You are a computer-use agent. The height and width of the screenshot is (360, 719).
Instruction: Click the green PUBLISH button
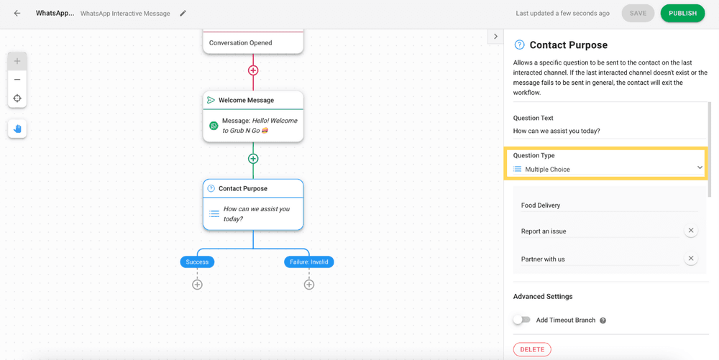click(682, 13)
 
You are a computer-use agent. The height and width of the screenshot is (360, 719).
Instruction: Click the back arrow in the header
click(17, 13)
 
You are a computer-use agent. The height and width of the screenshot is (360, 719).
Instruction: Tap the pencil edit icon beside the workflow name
click(183, 13)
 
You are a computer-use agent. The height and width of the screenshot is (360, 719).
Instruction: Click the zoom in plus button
click(17, 61)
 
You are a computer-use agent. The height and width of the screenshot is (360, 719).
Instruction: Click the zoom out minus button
click(17, 80)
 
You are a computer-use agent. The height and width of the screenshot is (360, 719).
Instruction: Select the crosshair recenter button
click(17, 98)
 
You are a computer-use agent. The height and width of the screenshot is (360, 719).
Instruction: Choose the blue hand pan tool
click(17, 129)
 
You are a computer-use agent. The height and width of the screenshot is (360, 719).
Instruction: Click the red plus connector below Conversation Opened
click(253, 70)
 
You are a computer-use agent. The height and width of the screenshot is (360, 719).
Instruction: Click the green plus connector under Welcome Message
click(253, 159)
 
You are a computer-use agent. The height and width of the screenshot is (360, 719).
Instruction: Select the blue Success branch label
click(197, 262)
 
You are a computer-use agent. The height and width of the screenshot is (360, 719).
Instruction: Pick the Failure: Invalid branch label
click(309, 262)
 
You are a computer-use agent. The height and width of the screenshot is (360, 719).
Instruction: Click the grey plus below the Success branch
click(197, 285)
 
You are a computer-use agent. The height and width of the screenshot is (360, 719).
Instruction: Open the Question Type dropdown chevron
click(700, 167)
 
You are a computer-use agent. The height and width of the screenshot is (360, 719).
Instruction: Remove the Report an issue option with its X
click(691, 231)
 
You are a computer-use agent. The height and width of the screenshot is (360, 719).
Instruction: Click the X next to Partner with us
click(691, 258)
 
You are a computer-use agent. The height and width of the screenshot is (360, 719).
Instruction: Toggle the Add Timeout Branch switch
click(522, 320)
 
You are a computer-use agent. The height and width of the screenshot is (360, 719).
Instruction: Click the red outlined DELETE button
click(532, 349)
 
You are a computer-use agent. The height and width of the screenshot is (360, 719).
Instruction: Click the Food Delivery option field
click(610, 206)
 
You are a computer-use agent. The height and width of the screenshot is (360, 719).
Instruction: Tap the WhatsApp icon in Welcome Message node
click(214, 126)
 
